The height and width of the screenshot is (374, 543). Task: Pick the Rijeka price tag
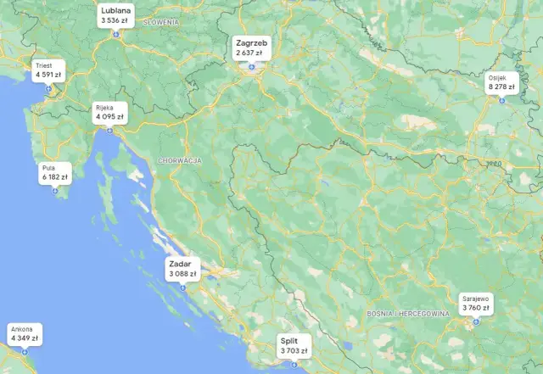[x=109, y=112]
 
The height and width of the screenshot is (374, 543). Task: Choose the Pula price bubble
[x=53, y=173]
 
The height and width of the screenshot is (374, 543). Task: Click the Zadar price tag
[x=182, y=269]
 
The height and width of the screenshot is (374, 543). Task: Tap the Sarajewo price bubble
[x=476, y=303]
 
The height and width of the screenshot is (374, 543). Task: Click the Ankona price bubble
[x=24, y=333]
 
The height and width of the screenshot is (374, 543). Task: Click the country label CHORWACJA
[x=179, y=159]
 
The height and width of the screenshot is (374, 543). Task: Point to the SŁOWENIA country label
[x=161, y=20]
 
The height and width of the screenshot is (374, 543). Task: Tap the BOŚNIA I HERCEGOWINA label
[x=407, y=314]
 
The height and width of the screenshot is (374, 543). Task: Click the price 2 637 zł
[x=249, y=52]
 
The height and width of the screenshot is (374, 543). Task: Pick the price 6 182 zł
[x=54, y=177]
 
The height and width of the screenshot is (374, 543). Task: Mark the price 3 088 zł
[x=182, y=274]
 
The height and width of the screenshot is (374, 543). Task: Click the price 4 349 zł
[x=25, y=338]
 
